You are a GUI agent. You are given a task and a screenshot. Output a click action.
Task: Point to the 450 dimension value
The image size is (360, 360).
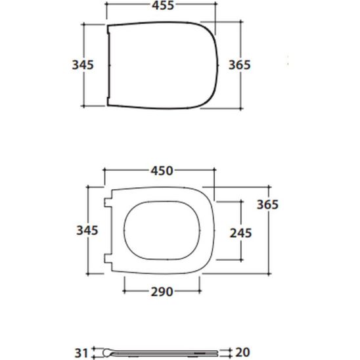point(160,171)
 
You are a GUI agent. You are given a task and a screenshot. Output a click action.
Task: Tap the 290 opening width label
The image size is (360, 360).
point(160,291)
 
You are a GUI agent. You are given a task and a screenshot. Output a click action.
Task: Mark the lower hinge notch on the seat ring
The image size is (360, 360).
point(108,257)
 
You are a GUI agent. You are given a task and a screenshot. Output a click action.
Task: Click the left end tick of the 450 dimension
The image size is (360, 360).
point(104,171)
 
